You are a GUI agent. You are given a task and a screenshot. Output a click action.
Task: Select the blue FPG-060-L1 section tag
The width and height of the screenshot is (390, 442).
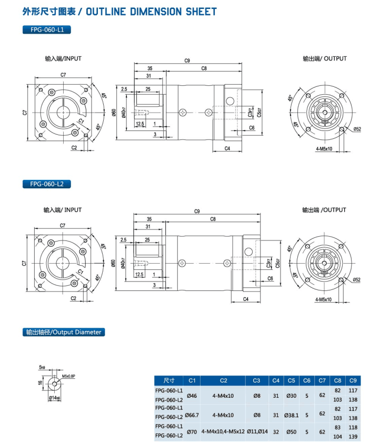[46, 30]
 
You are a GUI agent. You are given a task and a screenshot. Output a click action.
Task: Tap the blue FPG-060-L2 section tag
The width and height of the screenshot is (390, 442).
[46, 184]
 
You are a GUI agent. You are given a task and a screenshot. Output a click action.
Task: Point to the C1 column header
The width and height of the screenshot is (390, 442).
[192, 380]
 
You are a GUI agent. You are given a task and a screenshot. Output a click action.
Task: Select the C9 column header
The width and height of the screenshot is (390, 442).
[353, 380]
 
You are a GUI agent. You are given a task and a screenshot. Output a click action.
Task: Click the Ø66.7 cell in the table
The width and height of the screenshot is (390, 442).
[192, 415]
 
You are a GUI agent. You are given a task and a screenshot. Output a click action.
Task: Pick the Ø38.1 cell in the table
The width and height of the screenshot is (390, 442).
[291, 415]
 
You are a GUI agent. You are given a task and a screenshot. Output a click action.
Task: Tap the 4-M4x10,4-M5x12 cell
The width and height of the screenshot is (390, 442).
[223, 432]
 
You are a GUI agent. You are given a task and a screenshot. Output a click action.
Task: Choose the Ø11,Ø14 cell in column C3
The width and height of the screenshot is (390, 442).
[257, 432]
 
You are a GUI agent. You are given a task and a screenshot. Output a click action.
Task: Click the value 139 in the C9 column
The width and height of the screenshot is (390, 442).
[353, 436]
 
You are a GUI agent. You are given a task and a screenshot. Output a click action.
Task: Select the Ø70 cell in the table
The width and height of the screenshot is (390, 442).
[192, 432]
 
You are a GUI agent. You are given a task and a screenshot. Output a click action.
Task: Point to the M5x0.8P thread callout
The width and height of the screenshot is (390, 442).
[68, 376]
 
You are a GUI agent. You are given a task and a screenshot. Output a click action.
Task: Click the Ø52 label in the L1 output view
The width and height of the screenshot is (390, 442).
[357, 129]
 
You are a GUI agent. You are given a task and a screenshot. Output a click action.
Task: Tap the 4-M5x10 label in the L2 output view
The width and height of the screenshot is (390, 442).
[323, 299]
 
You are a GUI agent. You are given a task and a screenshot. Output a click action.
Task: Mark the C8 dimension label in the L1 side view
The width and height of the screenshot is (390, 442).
[204, 69]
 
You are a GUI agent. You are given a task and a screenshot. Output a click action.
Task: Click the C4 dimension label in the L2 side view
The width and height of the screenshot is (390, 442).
[246, 299]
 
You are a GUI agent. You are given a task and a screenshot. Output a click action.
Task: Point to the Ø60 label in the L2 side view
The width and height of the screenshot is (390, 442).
[114, 263]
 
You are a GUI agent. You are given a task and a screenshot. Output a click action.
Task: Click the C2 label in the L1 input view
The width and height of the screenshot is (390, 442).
[74, 148]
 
